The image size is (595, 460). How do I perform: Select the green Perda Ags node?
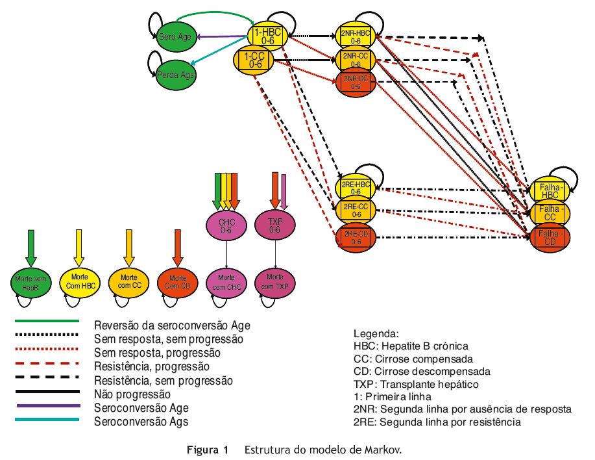coord(176,75)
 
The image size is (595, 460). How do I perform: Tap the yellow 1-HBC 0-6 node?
coord(269,37)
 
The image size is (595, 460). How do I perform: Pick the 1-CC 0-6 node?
coord(256,60)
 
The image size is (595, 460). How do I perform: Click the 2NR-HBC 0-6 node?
coord(356,37)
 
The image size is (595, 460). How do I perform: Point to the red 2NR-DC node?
coord(356,82)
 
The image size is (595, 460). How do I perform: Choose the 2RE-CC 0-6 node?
coord(356,211)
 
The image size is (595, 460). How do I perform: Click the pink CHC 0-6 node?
coord(226,225)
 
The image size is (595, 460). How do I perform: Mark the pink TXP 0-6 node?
coord(274,225)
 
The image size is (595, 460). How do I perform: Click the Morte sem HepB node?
coord(30,282)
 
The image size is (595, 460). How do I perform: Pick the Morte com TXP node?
coord(274,282)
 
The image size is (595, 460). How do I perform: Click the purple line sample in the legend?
coord(47,406)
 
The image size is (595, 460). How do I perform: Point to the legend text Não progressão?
coord(132,394)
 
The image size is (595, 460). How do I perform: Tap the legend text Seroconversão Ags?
coord(141,422)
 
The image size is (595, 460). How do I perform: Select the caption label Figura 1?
coord(208,449)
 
